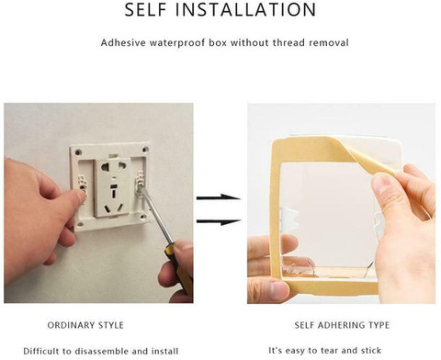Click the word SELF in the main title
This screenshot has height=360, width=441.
(x=145, y=9)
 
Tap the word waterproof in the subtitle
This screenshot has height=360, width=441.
(x=187, y=42)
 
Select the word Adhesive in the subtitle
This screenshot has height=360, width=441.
(x=123, y=42)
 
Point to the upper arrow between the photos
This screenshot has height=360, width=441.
(x=218, y=197)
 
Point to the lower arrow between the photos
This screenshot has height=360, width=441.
(x=218, y=221)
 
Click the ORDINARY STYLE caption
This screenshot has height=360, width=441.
(x=85, y=325)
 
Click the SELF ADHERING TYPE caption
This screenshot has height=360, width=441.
(x=342, y=325)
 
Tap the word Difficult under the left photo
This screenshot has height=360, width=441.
(x=41, y=351)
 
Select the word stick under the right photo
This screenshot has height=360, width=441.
(x=371, y=350)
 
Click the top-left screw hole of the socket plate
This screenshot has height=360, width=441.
(x=78, y=152)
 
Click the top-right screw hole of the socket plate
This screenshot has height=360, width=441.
(x=145, y=150)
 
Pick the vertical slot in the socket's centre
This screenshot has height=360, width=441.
(x=113, y=194)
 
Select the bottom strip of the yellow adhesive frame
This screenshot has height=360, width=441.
(x=329, y=287)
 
